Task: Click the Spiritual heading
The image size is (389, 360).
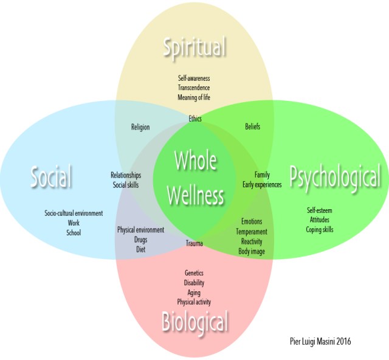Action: tap(194, 47)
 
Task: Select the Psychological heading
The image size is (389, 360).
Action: tap(335, 178)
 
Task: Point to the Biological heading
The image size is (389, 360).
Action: tap(194, 322)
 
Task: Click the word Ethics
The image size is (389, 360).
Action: tap(195, 119)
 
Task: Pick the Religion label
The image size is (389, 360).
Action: tap(140, 127)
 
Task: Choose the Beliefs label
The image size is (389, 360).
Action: tap(253, 127)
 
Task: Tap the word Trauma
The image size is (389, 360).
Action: tap(194, 244)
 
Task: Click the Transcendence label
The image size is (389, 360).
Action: tap(194, 88)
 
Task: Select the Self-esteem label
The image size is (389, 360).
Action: tap(320, 210)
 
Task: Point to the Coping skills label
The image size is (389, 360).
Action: tap(321, 229)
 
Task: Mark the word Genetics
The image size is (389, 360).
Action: tap(194, 274)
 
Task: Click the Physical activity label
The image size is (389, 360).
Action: tap(194, 302)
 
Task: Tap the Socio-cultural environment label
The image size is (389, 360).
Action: tap(74, 213)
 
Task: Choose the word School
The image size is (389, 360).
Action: tap(74, 232)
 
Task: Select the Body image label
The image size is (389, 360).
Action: tap(252, 251)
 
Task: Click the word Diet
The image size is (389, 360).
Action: tap(140, 249)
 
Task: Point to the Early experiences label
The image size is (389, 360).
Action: tap(262, 184)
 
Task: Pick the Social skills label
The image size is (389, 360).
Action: tap(126, 184)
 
